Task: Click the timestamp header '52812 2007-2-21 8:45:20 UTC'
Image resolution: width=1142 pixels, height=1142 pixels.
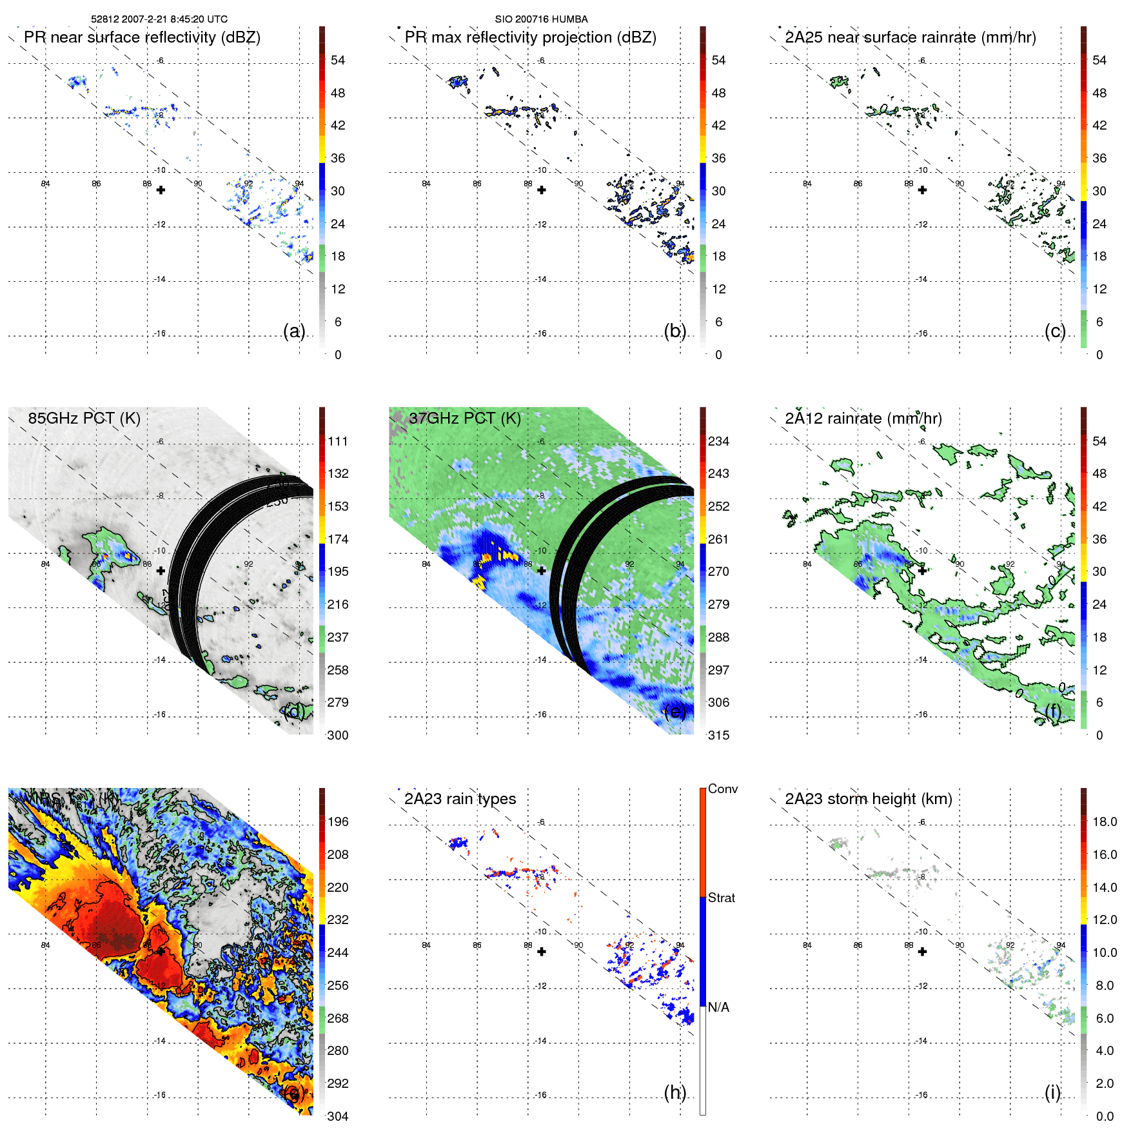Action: (159, 19)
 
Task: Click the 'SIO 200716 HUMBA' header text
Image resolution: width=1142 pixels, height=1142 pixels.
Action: (541, 19)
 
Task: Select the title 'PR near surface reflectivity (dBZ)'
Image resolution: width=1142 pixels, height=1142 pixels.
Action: (142, 37)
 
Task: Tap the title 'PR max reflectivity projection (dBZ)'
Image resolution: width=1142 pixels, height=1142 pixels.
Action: (530, 37)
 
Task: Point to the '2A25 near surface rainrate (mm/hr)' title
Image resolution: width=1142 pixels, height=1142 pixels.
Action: (910, 37)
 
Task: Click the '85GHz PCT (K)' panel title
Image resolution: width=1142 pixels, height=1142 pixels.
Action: (84, 418)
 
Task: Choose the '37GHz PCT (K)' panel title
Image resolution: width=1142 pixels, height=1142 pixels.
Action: (464, 418)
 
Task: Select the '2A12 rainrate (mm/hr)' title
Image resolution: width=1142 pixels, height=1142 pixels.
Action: (863, 418)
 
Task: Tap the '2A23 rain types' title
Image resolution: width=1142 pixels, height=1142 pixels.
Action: (460, 799)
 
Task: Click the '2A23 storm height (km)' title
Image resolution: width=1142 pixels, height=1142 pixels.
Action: (868, 799)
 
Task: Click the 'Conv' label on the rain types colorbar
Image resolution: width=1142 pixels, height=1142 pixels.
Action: (722, 789)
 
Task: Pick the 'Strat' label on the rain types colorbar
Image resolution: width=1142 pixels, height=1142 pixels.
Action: (721, 898)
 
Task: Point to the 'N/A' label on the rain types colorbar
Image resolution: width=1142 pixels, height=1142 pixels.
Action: (718, 1007)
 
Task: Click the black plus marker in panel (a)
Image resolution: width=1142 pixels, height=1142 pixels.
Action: (161, 190)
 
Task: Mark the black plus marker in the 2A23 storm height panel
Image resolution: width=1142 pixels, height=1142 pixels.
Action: (922, 952)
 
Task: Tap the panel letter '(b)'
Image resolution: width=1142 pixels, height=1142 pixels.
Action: (674, 331)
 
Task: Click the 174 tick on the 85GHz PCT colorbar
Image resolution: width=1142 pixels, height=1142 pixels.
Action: (338, 539)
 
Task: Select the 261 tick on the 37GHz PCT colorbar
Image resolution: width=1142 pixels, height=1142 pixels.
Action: (718, 539)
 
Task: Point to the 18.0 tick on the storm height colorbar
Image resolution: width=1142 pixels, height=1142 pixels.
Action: (1104, 822)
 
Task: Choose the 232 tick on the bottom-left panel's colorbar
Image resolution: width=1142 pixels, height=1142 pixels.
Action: (338, 920)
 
